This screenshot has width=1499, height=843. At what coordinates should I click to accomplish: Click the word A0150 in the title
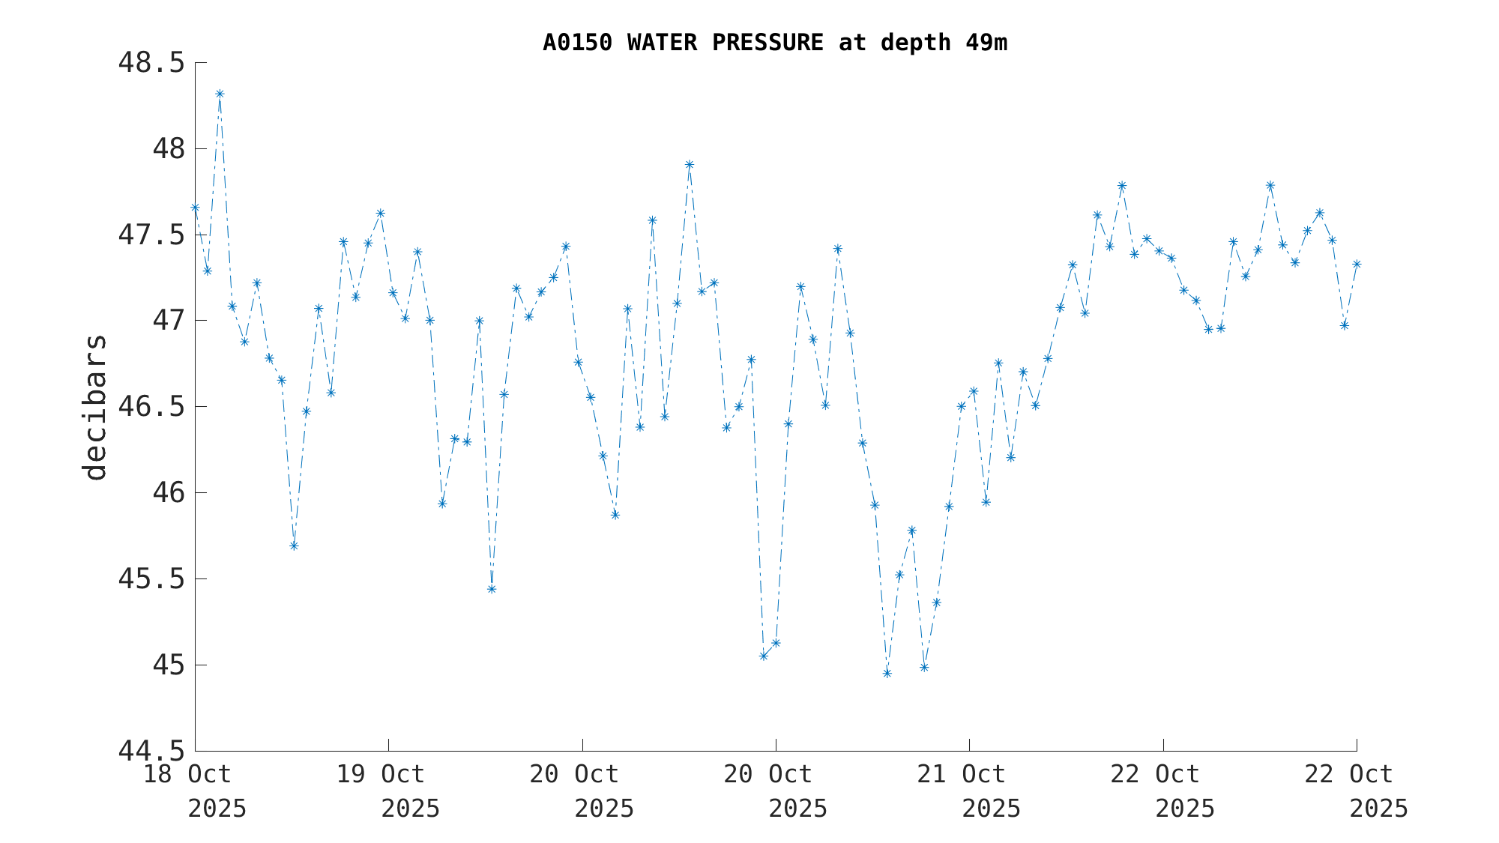click(577, 43)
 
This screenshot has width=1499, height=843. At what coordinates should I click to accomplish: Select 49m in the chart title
click(986, 43)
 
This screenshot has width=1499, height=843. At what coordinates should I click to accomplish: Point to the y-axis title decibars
click(95, 407)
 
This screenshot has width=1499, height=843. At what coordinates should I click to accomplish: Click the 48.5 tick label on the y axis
click(151, 63)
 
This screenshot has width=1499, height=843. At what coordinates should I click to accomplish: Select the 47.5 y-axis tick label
click(151, 235)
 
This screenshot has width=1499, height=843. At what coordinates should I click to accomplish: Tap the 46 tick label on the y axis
click(168, 493)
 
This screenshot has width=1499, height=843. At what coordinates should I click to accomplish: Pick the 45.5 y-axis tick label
click(151, 579)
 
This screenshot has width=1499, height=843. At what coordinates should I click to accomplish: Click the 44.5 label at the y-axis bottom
click(151, 751)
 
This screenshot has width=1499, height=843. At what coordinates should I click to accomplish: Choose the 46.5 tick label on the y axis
click(151, 407)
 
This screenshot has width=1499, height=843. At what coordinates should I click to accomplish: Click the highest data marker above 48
click(220, 94)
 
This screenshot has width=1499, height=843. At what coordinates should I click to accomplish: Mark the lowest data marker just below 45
click(887, 674)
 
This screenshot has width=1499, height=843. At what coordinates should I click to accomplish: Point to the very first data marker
click(195, 208)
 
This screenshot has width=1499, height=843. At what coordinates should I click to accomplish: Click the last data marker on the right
click(1357, 265)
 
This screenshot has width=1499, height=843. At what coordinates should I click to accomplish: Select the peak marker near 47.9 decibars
click(690, 165)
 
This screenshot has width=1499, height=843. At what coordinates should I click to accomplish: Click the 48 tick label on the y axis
click(168, 149)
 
